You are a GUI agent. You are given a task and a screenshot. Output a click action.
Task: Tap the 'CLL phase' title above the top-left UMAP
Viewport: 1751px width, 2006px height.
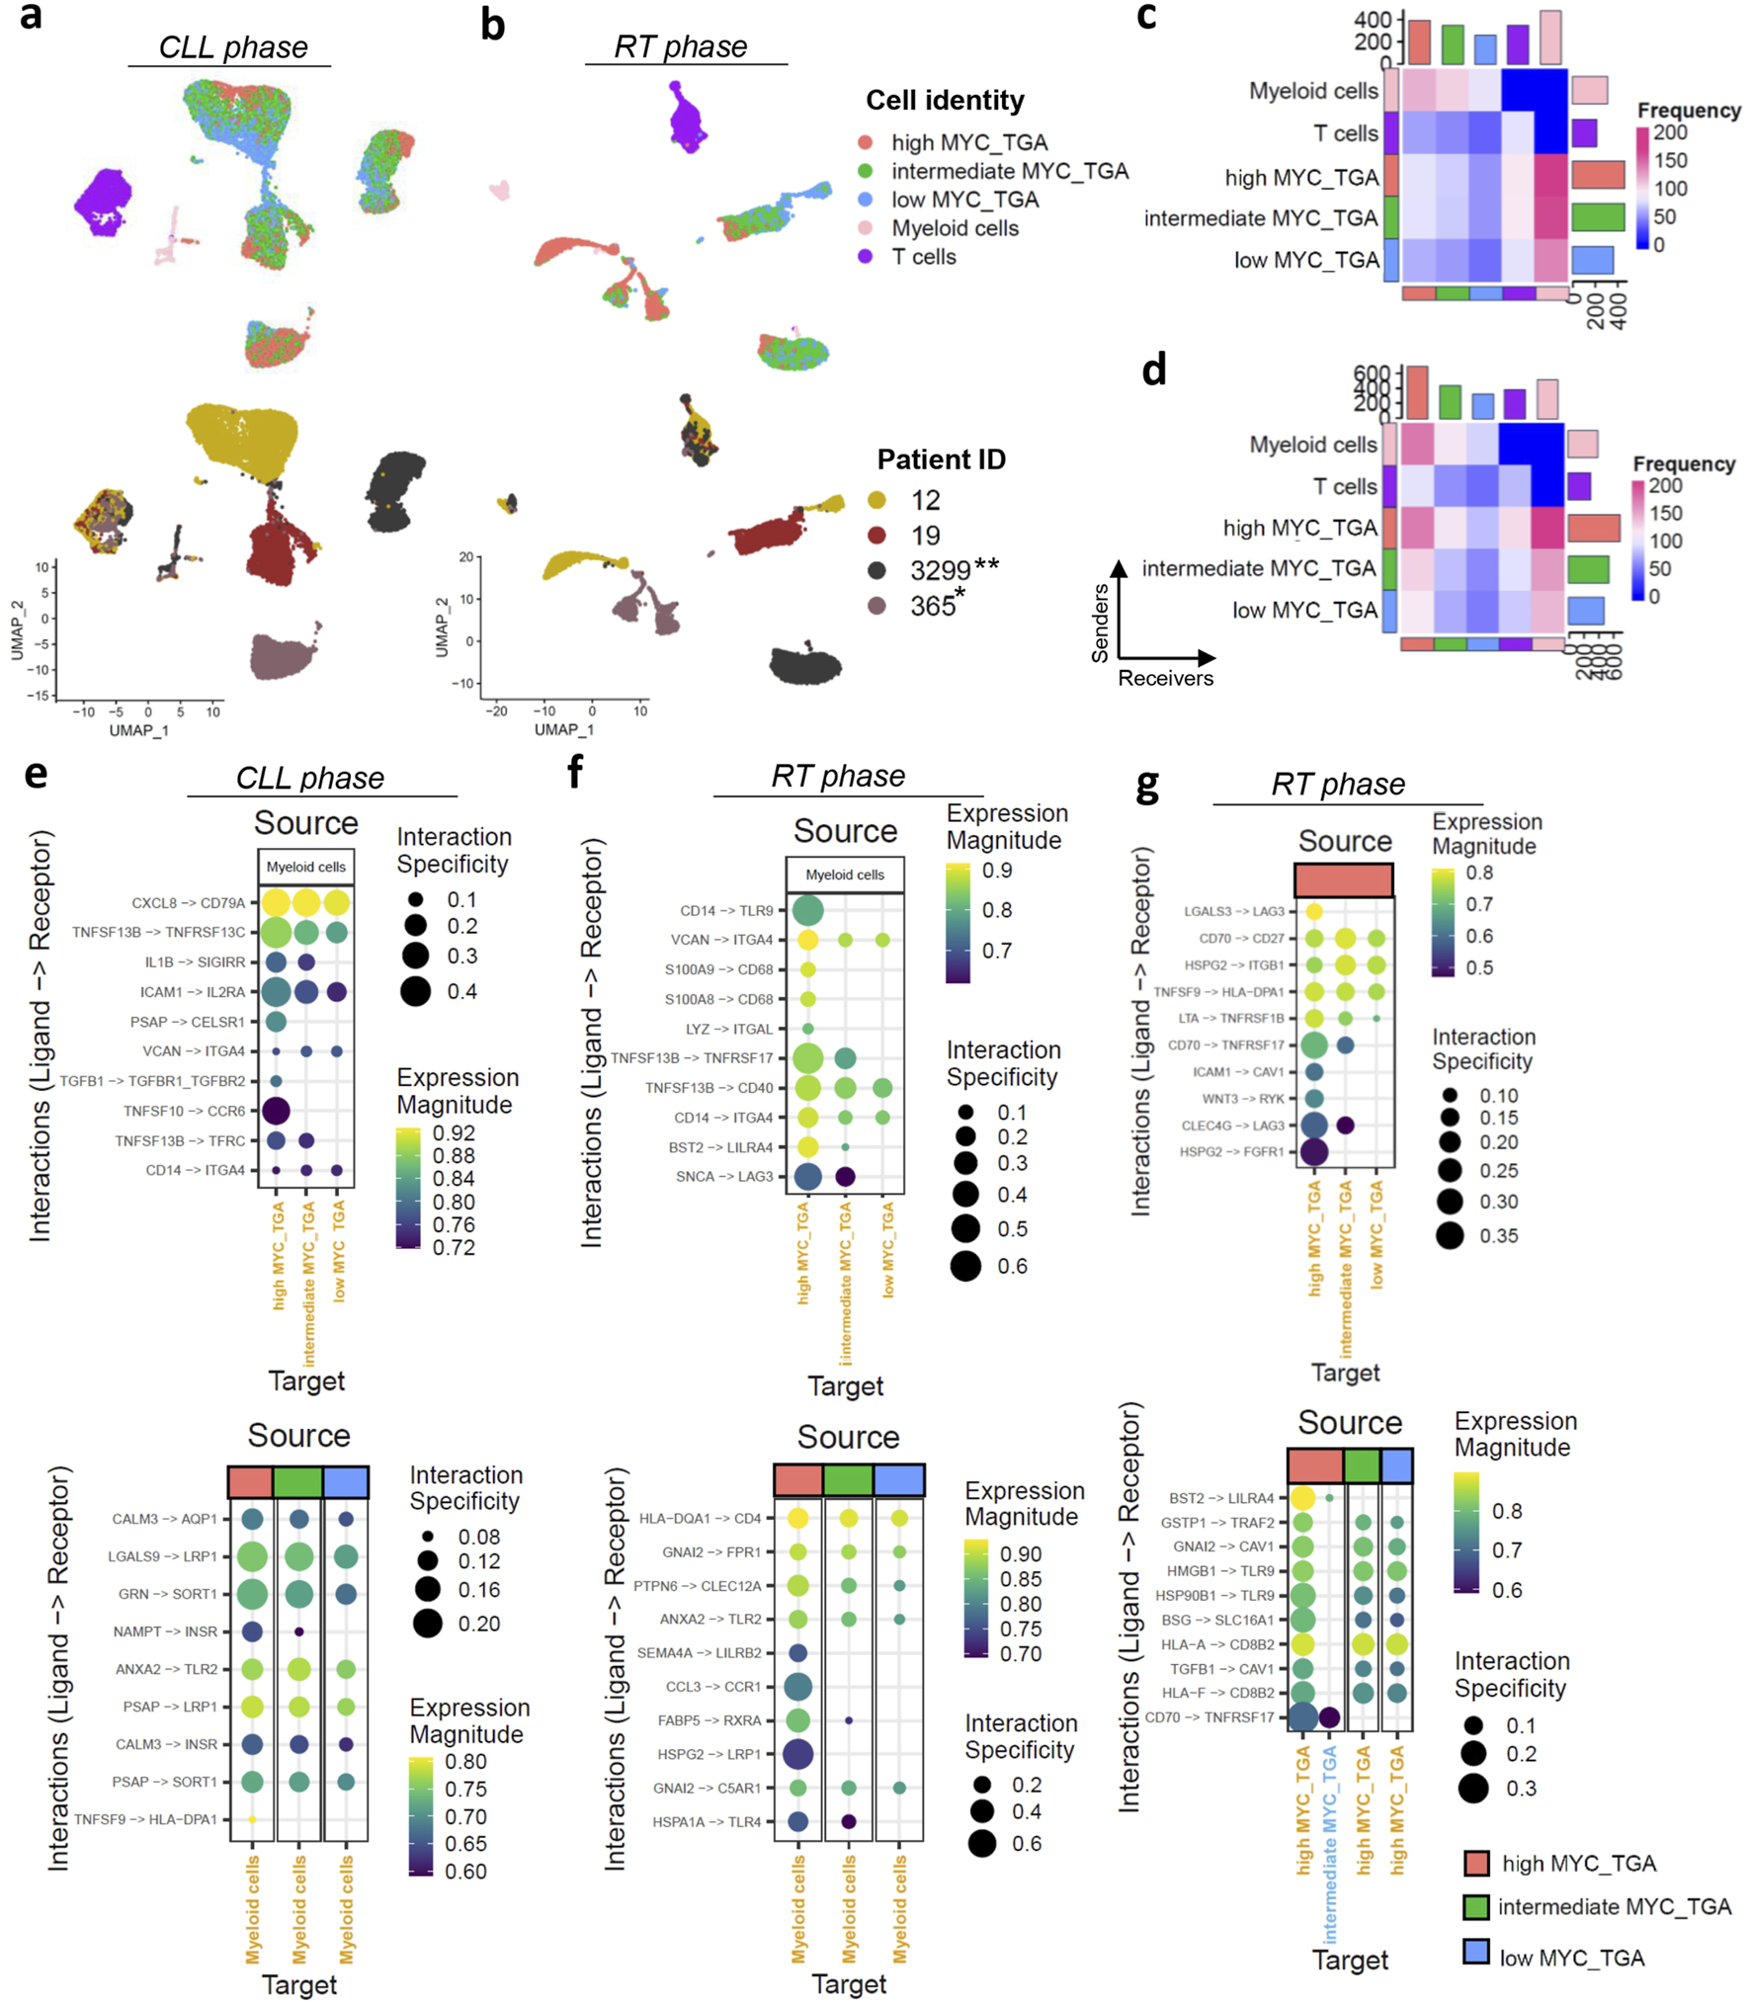[x=233, y=47]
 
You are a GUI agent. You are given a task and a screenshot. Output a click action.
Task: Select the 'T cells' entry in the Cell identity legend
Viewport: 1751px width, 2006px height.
[x=923, y=257]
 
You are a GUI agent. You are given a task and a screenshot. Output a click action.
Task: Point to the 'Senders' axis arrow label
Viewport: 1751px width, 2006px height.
[x=1100, y=623]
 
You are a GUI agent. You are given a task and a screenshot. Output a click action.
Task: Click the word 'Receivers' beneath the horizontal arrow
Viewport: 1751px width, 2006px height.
[x=1165, y=678]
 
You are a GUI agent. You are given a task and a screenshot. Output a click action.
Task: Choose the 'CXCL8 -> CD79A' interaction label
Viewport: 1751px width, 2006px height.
[x=188, y=903]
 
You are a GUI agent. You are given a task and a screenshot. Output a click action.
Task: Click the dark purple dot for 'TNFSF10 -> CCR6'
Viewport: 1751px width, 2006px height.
[x=276, y=1111]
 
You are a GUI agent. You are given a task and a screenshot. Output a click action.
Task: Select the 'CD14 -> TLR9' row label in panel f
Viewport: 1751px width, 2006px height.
[x=726, y=910]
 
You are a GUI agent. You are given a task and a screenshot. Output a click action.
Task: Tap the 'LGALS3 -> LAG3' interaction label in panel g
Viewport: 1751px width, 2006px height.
[x=1234, y=911]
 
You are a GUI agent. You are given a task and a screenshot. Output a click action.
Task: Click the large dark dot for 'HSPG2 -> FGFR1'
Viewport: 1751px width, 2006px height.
[x=1313, y=1151]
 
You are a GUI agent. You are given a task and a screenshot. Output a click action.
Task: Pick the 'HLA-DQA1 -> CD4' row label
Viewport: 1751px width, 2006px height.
[x=700, y=1518]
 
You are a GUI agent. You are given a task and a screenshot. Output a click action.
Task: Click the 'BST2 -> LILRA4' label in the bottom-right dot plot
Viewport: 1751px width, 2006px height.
[x=1221, y=1498]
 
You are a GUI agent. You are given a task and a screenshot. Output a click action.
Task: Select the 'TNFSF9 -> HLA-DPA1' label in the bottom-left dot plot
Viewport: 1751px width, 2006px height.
[x=145, y=1819]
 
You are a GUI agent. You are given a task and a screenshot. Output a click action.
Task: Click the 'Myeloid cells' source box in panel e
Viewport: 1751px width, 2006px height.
[x=305, y=867]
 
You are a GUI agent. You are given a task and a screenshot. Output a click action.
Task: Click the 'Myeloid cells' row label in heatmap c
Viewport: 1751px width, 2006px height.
[x=1312, y=91]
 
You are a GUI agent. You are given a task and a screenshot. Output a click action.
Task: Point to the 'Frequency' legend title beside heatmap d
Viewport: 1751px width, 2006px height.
[x=1684, y=463]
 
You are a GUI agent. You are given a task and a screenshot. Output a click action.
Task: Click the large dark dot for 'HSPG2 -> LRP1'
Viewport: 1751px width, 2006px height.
[x=797, y=1754]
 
